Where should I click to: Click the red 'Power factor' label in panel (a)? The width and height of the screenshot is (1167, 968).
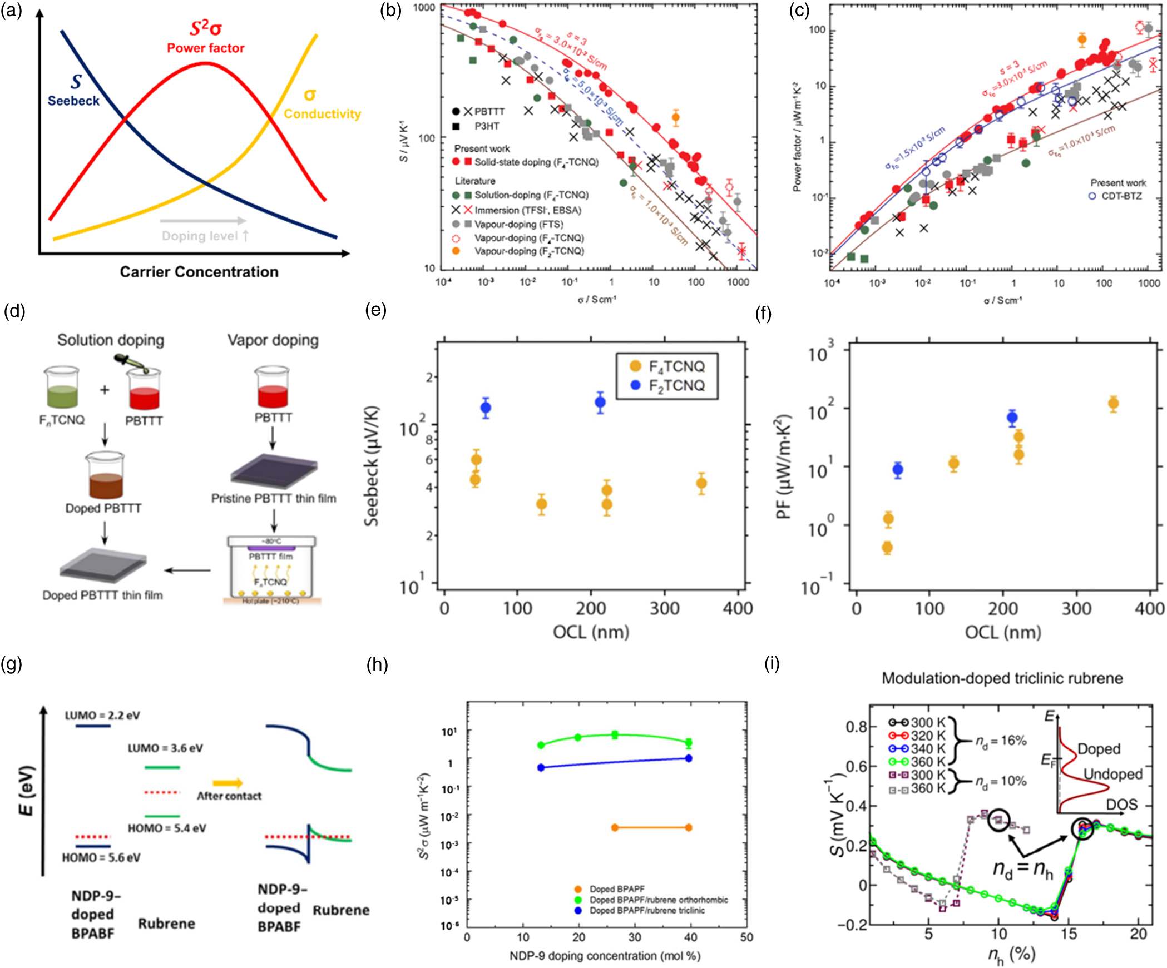click(x=205, y=48)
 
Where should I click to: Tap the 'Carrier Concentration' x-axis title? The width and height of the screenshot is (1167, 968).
click(x=199, y=272)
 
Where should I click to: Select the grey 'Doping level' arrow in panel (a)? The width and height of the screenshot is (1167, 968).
click(x=203, y=221)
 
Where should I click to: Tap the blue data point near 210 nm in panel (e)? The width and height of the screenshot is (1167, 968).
click(x=600, y=403)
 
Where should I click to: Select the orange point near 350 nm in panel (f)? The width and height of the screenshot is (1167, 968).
click(x=1113, y=404)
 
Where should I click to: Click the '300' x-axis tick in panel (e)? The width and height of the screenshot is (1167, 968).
click(x=664, y=608)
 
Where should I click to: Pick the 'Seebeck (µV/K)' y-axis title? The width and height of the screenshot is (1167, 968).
click(x=371, y=466)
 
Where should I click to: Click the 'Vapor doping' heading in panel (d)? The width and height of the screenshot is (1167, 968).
click(x=273, y=340)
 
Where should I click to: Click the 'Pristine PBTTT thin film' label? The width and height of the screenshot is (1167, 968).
click(x=273, y=499)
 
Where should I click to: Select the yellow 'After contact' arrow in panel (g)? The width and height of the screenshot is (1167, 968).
click(x=228, y=783)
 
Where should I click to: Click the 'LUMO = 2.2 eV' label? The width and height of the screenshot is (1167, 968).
click(x=102, y=716)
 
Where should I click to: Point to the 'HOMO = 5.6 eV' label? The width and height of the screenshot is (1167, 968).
click(x=101, y=857)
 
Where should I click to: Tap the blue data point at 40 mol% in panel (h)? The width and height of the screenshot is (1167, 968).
click(x=688, y=758)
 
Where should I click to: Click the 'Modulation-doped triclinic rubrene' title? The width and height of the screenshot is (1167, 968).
click(x=1002, y=678)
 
